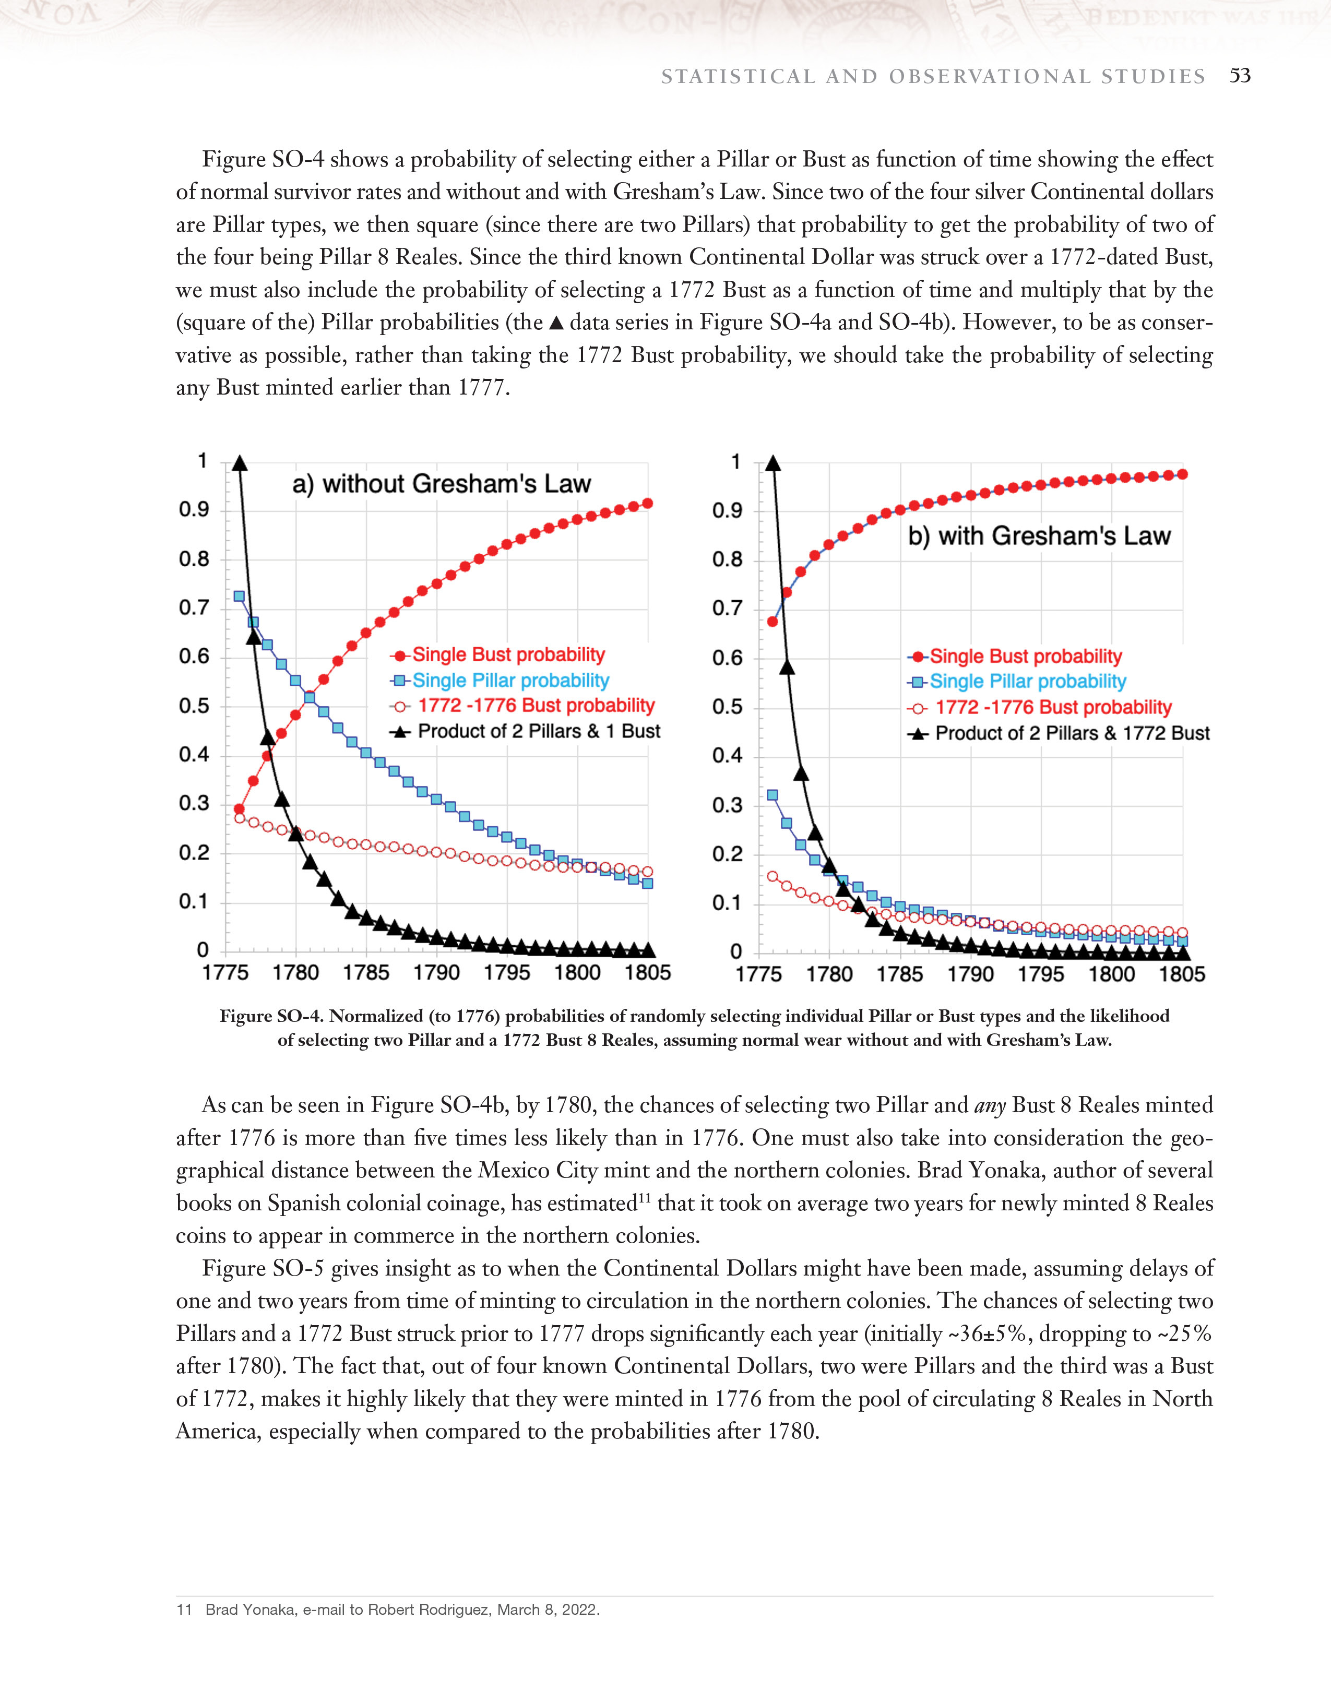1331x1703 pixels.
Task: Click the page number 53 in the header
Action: pos(1240,76)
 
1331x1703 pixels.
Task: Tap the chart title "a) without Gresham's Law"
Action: pos(442,484)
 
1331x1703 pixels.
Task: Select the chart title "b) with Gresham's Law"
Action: pos(1039,537)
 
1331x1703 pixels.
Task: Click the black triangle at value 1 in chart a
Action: pos(240,463)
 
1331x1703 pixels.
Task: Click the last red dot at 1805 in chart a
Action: pos(647,504)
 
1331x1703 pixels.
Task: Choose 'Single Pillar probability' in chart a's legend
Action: pos(510,681)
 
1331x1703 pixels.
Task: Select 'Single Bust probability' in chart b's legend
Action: pos(1025,657)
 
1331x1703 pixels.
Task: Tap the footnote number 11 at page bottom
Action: pos(184,1610)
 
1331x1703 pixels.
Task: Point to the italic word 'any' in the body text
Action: pos(990,1106)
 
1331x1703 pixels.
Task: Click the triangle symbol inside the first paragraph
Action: pos(556,322)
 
